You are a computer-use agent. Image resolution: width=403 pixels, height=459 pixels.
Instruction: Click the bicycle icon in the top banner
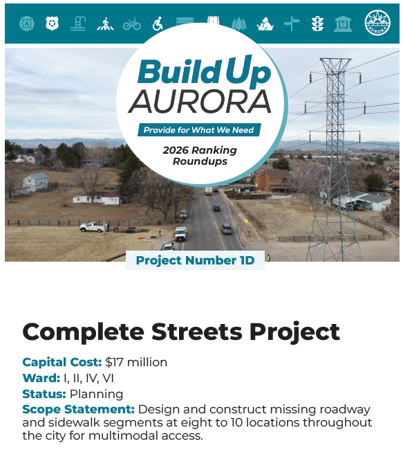[131, 24]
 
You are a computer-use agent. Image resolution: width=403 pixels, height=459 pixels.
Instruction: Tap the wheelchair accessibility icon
[158, 24]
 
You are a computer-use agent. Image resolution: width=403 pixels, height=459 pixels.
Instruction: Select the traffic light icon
[317, 24]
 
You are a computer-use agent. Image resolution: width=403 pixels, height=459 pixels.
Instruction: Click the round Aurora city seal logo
[377, 24]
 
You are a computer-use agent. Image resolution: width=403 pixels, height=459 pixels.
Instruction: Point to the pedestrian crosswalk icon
[105, 24]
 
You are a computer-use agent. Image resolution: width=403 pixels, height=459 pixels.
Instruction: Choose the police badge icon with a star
[52, 24]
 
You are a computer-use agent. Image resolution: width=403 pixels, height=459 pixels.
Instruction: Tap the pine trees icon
[238, 24]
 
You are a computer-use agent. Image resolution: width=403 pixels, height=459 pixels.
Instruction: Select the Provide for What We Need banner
[199, 129]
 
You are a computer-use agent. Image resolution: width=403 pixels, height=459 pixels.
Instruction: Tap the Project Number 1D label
[195, 260]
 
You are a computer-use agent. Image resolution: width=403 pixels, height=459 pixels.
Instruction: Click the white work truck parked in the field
[91, 226]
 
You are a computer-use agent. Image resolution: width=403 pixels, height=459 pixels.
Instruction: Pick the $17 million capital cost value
[136, 362]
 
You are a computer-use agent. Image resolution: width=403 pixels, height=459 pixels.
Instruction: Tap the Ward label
[41, 378]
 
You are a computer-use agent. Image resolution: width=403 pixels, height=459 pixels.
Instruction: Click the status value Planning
[96, 394]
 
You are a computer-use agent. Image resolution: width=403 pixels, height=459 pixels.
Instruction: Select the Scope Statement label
[78, 409]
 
